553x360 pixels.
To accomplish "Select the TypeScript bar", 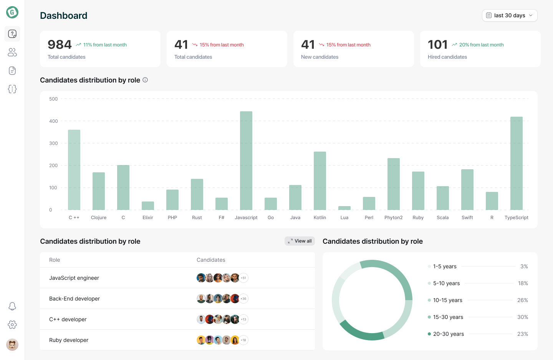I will [x=516, y=163].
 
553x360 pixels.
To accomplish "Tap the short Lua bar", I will [x=344, y=208].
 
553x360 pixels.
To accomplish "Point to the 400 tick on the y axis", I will [x=53, y=121].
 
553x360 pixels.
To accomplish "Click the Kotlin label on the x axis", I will [x=320, y=218].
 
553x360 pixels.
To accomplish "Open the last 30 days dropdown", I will [x=509, y=15].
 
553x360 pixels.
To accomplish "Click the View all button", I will [x=300, y=241].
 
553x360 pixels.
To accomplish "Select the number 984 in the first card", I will [x=60, y=45].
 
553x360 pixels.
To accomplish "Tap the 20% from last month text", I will [x=481, y=45].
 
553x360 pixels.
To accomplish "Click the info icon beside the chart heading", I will [x=145, y=80].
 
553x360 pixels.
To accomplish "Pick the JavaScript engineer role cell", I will [x=74, y=278].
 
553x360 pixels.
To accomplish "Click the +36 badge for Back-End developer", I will [x=243, y=299].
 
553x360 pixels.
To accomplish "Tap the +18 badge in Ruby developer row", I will [x=243, y=340].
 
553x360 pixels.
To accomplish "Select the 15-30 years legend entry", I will [x=448, y=317].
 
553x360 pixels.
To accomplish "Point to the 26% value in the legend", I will [x=522, y=300].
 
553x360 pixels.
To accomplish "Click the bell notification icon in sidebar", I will [x=12, y=306].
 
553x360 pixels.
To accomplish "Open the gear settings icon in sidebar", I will [x=12, y=325].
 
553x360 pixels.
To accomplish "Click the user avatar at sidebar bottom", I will [x=12, y=345].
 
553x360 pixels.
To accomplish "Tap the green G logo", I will [x=12, y=12].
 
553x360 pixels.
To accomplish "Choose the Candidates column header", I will [x=211, y=260].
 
